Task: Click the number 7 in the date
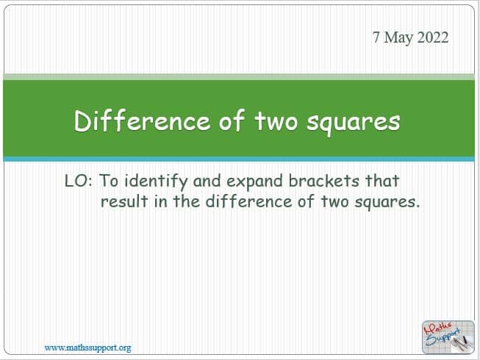click(376, 37)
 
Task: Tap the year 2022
click(432, 37)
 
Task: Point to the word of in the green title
click(232, 120)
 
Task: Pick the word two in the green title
click(276, 121)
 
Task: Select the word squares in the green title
click(354, 123)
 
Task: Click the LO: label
click(79, 181)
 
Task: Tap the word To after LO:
click(109, 181)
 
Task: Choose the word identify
click(156, 181)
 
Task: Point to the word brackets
click(323, 181)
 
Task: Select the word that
click(382, 181)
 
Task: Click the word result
click(124, 201)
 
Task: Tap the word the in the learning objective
click(187, 201)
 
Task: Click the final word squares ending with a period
click(387, 203)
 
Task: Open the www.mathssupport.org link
click(88, 348)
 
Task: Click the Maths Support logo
click(448, 337)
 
